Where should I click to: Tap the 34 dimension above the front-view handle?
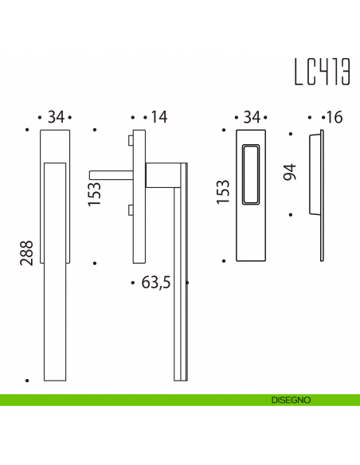click(55, 118)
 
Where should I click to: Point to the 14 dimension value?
click(159, 118)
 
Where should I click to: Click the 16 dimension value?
click(334, 118)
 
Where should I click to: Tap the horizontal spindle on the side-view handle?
click(112, 172)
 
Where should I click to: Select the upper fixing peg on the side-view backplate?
click(129, 141)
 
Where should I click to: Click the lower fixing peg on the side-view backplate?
click(129, 210)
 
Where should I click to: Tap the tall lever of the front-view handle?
click(55, 271)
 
